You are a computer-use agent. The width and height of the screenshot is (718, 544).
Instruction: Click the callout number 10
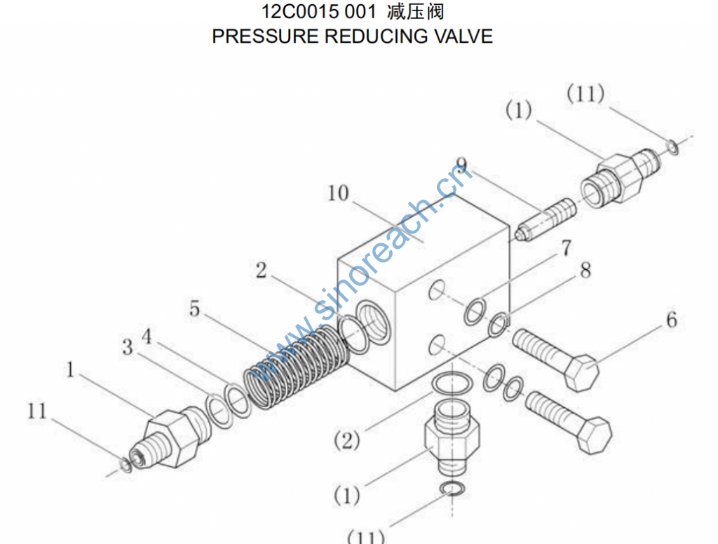tap(338, 193)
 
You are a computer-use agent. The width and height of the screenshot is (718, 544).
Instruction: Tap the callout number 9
tap(461, 166)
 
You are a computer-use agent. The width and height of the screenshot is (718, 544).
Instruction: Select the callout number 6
tap(671, 320)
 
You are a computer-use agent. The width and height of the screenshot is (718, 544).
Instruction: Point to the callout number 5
tap(194, 308)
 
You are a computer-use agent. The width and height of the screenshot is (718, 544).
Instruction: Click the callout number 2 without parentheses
tap(261, 271)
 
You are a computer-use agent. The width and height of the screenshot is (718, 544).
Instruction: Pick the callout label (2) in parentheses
tap(346, 441)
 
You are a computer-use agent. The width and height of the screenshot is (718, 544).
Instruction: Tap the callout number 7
tap(565, 248)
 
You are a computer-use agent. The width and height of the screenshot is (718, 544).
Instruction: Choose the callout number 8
tap(585, 270)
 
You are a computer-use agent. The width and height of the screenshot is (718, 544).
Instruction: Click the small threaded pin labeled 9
tap(546, 218)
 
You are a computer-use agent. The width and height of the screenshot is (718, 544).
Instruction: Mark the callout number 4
tap(147, 336)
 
